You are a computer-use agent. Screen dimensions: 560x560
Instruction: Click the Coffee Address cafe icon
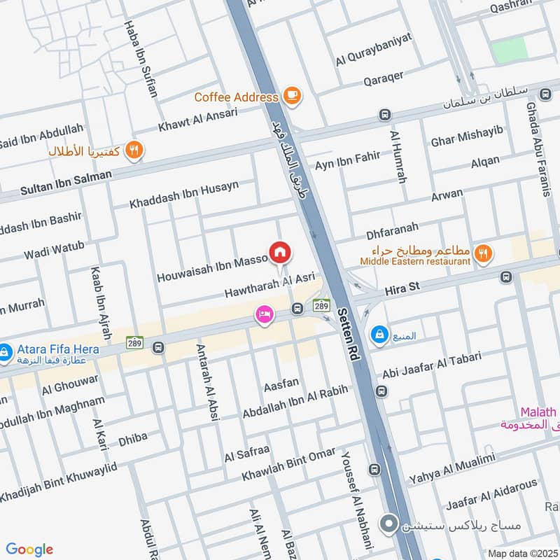coord(292,97)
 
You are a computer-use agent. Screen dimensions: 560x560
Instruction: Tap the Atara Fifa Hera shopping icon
coord(5,349)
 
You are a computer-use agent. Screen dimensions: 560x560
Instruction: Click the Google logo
coord(29,549)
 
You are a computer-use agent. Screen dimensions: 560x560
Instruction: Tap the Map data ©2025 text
coord(521,553)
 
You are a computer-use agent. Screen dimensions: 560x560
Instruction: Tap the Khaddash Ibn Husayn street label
coord(184,195)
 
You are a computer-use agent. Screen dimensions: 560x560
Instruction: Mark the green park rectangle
coord(509,50)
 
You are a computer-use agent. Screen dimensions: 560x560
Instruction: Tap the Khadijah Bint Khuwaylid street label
coord(58,482)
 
